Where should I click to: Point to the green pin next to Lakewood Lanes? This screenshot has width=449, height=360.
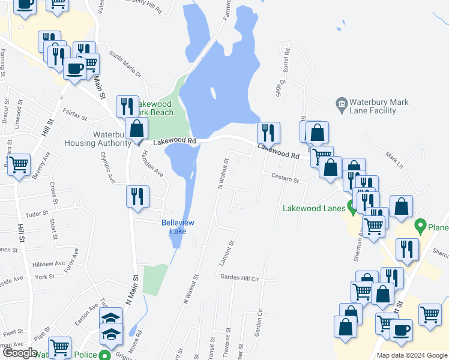pos(351,208)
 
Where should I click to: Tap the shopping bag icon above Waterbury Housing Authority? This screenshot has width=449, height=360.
pos(137,128)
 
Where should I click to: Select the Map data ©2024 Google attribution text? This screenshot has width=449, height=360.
pos(411,355)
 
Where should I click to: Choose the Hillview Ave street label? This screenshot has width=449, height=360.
pos(48,263)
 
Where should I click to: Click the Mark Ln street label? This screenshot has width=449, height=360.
pos(394,159)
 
